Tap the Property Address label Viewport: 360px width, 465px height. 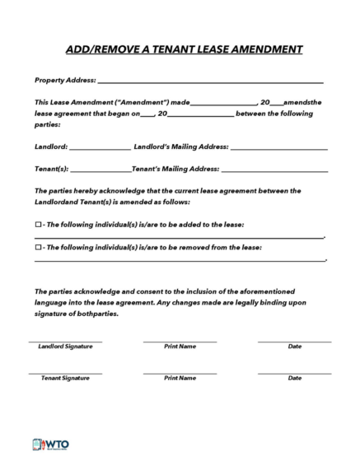65,81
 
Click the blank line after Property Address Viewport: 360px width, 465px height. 210,82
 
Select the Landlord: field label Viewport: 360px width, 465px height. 50,146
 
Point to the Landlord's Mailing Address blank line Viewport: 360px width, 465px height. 279,148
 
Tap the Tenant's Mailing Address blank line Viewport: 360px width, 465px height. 275,170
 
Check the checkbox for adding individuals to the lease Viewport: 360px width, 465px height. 38,224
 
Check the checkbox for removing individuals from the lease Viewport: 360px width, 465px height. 38,247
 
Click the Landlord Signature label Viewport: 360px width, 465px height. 65,346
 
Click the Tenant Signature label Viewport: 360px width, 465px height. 65,378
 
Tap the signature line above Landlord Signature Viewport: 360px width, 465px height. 65,341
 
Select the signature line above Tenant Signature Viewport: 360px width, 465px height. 65,372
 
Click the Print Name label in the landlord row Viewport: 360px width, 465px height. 180,346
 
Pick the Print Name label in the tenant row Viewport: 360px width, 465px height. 180,378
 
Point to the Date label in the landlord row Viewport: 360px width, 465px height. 294,346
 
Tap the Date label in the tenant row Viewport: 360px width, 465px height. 294,378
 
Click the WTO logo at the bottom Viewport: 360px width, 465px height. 51,444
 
